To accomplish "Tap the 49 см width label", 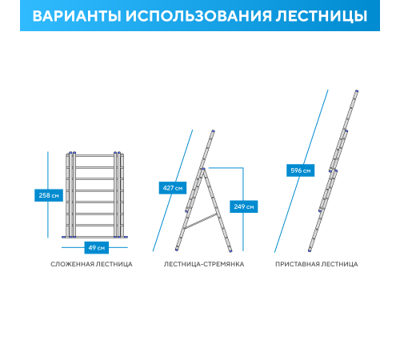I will coord(94,247).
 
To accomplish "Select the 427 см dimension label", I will coord(172,188).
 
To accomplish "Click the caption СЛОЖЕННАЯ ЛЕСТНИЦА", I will coord(91,264).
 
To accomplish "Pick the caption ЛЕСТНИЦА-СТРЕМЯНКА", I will coord(203,264).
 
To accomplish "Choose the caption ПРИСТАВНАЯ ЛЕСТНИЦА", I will coord(317,264).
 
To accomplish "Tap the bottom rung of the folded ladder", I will coord(95,226).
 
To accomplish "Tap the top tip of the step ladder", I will coord(213,131).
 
